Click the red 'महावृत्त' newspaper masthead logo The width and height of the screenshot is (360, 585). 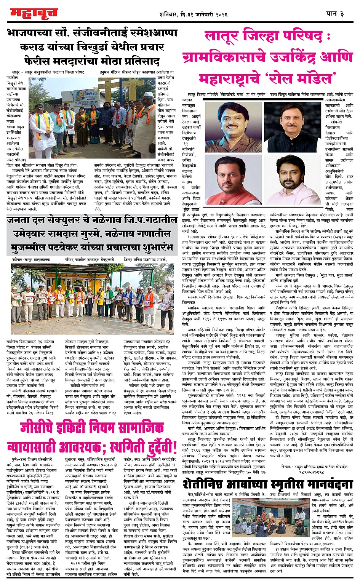pyautogui.click(x=34, y=13)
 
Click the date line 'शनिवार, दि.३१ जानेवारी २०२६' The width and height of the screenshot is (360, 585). pyautogui.click(x=194, y=14)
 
